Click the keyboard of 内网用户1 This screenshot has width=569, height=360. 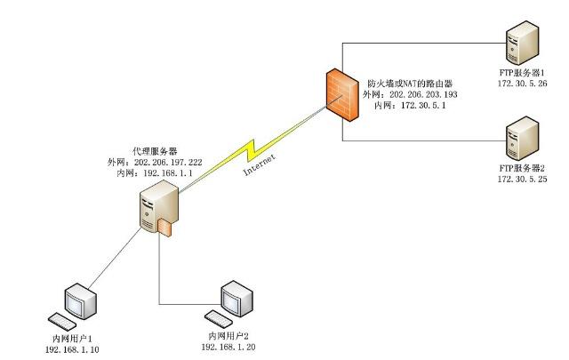(x=64, y=321)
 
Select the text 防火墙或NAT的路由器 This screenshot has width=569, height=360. (x=411, y=83)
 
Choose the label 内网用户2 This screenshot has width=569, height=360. (x=228, y=336)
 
